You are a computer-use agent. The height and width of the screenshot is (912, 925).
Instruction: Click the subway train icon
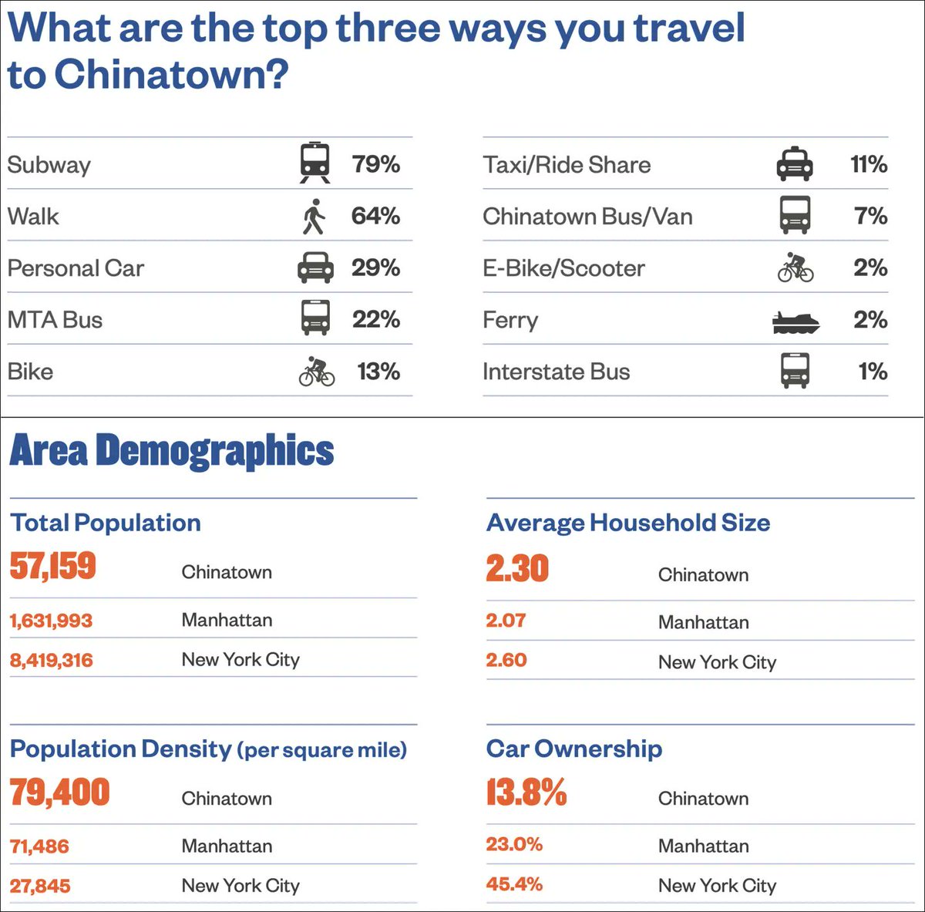[x=314, y=163]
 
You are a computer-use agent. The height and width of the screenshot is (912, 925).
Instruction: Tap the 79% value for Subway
[x=376, y=164]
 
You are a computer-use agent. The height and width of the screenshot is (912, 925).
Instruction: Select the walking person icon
[x=314, y=217]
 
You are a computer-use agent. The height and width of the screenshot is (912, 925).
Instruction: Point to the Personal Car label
[x=76, y=268]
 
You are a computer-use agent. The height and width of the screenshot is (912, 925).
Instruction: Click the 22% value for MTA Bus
[x=376, y=319]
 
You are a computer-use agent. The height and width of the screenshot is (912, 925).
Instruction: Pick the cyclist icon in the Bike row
[x=316, y=372]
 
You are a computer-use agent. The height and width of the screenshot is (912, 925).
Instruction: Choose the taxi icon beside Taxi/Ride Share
[x=794, y=164]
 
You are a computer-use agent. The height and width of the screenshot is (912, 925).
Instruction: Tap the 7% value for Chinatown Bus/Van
[x=871, y=216]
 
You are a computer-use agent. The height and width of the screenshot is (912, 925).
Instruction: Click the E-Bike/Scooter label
[x=563, y=268]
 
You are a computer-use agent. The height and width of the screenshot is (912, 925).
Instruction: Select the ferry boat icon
[x=795, y=322]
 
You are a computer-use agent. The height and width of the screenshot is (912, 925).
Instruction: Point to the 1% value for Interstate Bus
[x=873, y=372]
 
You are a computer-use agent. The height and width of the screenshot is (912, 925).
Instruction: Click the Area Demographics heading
[x=172, y=451]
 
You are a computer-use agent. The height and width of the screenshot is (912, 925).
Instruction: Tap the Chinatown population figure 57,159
[x=53, y=566]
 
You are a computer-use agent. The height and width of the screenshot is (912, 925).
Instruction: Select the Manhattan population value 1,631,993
[x=51, y=621]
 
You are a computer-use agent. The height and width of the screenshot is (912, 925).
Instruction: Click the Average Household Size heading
[x=628, y=523]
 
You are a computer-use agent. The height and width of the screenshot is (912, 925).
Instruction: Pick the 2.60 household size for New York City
[x=506, y=661]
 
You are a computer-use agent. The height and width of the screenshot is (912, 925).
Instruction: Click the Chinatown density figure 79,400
[x=60, y=793]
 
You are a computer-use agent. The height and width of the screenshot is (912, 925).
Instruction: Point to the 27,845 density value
[x=40, y=886]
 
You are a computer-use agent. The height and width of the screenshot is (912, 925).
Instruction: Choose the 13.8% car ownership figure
[x=526, y=793]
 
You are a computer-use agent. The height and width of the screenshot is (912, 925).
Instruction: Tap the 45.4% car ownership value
[x=514, y=884]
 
